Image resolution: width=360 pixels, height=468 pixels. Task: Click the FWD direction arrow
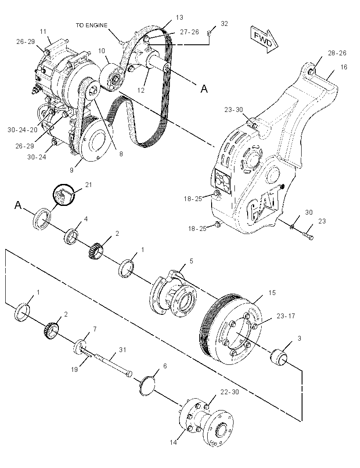(264, 40)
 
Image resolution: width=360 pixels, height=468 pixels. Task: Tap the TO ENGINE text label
(91, 25)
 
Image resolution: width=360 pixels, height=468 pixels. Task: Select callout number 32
(224, 24)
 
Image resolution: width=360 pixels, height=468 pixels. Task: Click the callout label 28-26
(337, 53)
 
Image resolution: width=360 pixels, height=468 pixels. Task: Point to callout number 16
(344, 67)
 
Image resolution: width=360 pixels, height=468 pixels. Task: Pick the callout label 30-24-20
(22, 130)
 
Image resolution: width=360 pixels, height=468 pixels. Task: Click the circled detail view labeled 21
(63, 195)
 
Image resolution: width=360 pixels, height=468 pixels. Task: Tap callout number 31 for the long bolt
(122, 349)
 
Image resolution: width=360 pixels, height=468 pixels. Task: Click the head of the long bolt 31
(129, 374)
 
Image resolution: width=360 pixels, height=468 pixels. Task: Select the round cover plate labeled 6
(147, 386)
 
